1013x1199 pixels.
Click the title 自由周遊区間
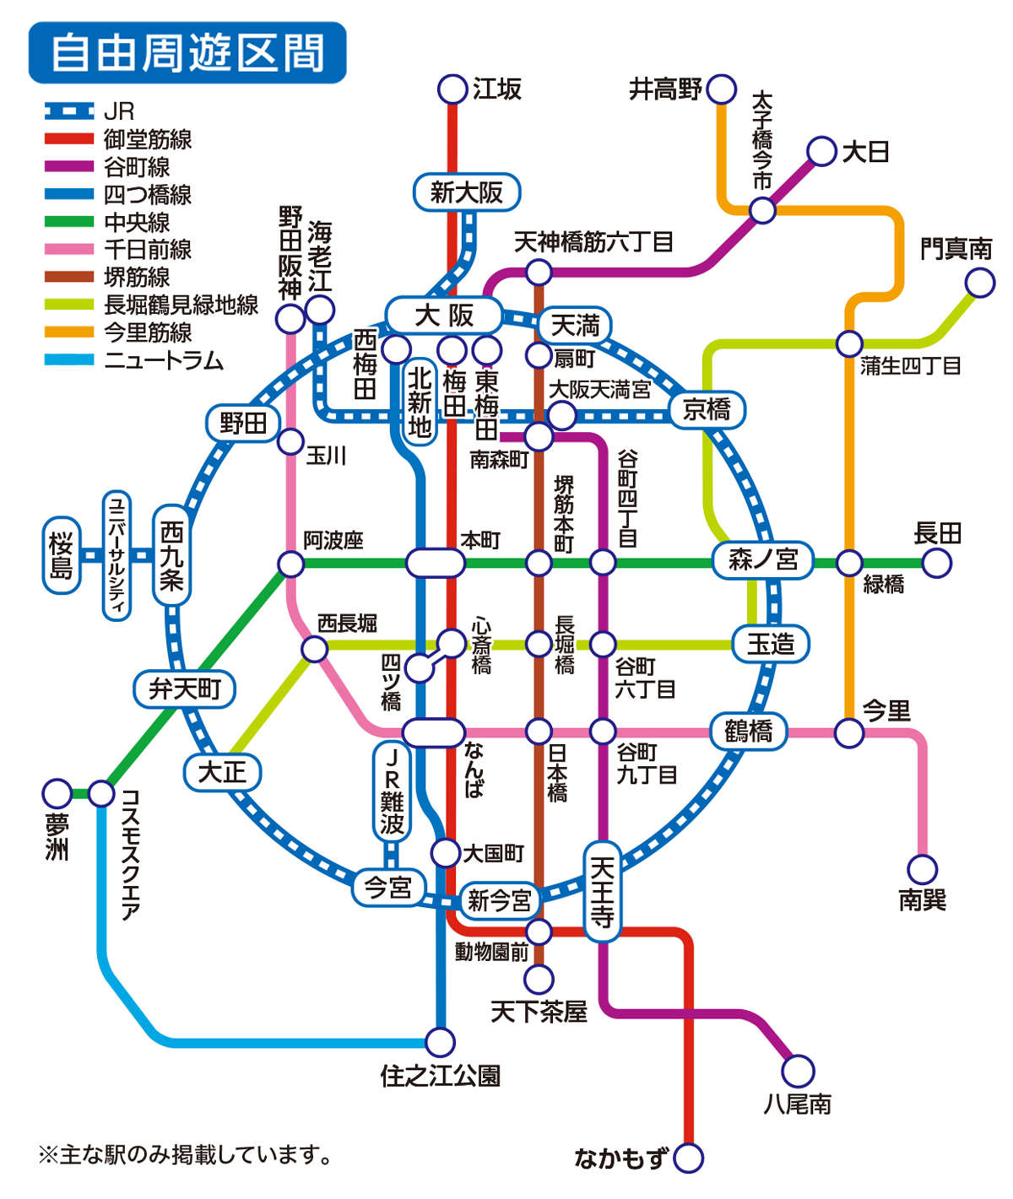click(x=187, y=52)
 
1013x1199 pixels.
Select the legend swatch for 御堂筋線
click(x=69, y=139)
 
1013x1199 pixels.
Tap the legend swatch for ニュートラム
click(x=69, y=360)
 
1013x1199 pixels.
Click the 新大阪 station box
click(x=466, y=192)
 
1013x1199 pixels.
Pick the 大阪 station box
click(x=444, y=316)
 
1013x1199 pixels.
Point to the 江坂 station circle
click(x=453, y=89)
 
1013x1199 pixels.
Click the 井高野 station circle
click(x=722, y=89)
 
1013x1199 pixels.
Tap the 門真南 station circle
click(x=980, y=283)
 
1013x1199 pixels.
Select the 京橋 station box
click(x=707, y=410)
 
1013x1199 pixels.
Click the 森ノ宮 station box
click(x=763, y=559)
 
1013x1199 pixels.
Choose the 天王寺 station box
click(x=602, y=892)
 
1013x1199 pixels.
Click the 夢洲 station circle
click(x=57, y=794)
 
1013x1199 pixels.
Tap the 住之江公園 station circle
click(x=440, y=1042)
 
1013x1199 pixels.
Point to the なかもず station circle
click(x=689, y=1158)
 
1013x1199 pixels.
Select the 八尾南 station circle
click(x=798, y=1071)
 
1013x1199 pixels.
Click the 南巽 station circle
click(x=923, y=869)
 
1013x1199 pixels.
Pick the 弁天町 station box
click(x=185, y=689)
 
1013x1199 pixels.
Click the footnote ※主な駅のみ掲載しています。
click(x=186, y=1154)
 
